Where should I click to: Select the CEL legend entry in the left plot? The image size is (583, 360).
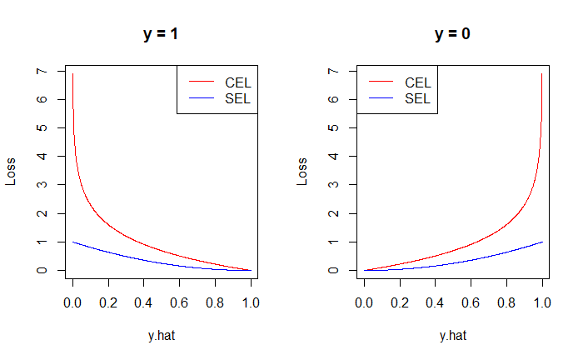(x=238, y=82)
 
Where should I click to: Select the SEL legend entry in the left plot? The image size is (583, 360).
(x=238, y=98)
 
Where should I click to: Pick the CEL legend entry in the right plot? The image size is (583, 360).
(x=417, y=82)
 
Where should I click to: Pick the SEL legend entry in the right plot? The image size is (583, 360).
(x=417, y=98)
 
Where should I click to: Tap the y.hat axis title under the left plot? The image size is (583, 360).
(x=162, y=336)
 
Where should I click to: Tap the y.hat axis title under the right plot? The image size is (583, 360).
(x=453, y=336)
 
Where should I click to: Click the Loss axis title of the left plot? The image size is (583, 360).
(x=11, y=172)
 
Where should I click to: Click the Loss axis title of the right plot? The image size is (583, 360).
(x=302, y=172)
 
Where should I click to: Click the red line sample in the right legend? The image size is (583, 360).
(x=380, y=82)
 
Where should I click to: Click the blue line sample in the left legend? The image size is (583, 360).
(x=201, y=98)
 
